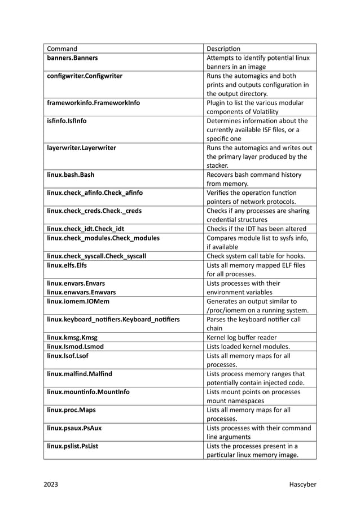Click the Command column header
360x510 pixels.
click(x=62, y=49)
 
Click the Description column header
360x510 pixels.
click(x=223, y=49)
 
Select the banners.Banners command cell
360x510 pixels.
click(x=72, y=58)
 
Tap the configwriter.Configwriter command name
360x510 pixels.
click(x=85, y=76)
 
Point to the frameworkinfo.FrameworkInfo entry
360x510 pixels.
click(x=93, y=103)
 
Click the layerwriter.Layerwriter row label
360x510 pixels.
click(x=81, y=148)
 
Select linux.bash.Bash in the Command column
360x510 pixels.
click(x=71, y=175)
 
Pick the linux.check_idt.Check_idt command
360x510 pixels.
click(x=85, y=229)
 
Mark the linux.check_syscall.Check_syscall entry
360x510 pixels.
click(x=96, y=256)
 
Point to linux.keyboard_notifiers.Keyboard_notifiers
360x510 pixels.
click(x=113, y=320)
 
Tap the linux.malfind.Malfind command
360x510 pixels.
click(x=80, y=374)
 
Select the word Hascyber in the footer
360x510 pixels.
click(x=302, y=484)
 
